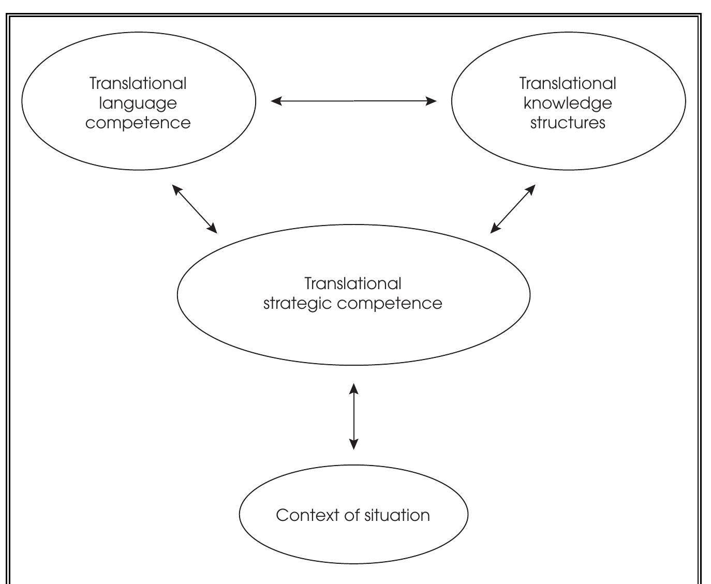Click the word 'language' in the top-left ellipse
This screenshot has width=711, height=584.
[138, 103]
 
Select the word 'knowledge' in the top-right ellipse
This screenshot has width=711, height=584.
[568, 103]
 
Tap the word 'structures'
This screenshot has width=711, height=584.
[568, 123]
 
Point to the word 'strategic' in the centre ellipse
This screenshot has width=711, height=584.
[298, 303]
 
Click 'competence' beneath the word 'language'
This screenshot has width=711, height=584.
[138, 123]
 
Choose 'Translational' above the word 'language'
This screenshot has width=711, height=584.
[138, 83]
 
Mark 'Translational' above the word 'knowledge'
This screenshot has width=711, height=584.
[568, 83]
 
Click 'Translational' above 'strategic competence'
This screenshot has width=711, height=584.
[353, 283]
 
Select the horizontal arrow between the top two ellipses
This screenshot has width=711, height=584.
[354, 101]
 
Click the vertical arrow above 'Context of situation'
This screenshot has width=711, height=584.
[354, 416]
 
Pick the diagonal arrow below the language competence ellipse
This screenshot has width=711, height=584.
[195, 209]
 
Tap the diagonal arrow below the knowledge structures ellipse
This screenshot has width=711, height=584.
[513, 209]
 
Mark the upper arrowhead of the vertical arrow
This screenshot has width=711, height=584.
[354, 388]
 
